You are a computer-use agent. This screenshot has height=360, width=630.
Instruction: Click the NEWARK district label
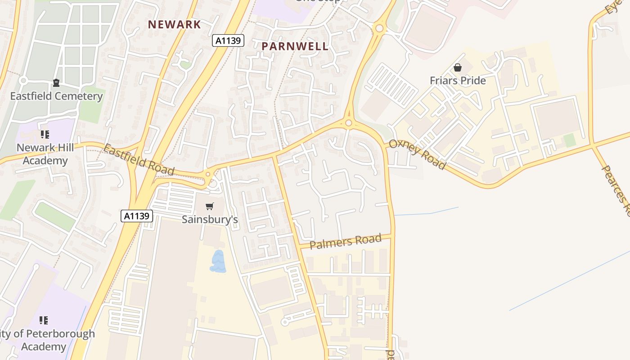click(x=175, y=24)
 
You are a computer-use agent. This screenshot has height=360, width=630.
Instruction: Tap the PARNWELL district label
click(x=295, y=46)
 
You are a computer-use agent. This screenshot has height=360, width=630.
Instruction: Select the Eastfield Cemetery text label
click(x=57, y=96)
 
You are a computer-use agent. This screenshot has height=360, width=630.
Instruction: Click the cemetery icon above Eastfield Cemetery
click(x=56, y=83)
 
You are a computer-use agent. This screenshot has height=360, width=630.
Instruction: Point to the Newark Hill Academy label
click(x=45, y=154)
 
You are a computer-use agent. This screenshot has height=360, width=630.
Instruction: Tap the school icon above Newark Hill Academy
click(x=45, y=134)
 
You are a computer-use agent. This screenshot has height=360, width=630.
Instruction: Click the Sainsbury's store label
click(x=210, y=219)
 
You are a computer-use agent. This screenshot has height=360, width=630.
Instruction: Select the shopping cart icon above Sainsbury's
click(x=209, y=207)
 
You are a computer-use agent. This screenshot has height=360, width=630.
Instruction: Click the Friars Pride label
click(x=458, y=81)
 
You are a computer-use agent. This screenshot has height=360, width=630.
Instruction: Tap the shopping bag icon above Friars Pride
click(x=458, y=68)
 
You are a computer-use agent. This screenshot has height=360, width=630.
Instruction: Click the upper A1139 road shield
click(x=228, y=41)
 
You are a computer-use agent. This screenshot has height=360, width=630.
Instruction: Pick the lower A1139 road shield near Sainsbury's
click(x=137, y=216)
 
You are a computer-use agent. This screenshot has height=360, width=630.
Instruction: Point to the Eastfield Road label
click(x=139, y=160)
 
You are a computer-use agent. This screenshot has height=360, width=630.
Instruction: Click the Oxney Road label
click(x=417, y=154)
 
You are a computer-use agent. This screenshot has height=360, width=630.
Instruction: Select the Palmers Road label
click(x=346, y=241)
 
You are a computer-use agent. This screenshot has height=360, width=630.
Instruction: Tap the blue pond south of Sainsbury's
click(x=218, y=262)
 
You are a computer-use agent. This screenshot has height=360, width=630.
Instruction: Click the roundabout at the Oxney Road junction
click(x=348, y=123)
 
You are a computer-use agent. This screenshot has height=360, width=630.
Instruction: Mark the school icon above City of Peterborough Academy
click(x=44, y=320)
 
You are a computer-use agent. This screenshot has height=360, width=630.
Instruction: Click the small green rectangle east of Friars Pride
click(x=570, y=140)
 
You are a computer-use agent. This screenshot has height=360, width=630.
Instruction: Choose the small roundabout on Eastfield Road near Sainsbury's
click(x=208, y=174)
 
